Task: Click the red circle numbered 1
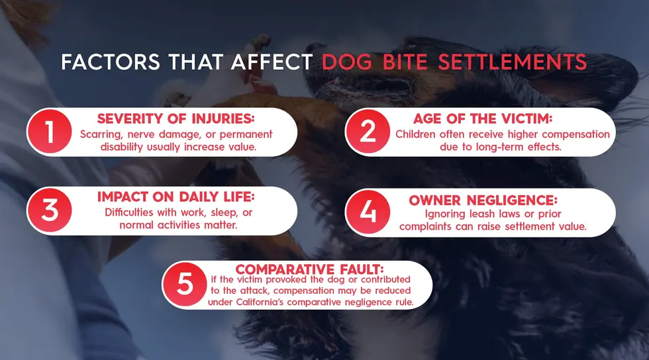(50, 132)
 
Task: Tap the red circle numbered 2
(369, 132)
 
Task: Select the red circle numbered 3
(50, 210)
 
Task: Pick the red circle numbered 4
(369, 212)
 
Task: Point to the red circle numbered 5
(186, 285)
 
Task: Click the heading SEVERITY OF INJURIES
(176, 119)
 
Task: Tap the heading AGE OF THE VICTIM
(493, 120)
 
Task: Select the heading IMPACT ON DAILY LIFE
(176, 198)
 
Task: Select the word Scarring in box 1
(101, 134)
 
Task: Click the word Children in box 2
(418, 134)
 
